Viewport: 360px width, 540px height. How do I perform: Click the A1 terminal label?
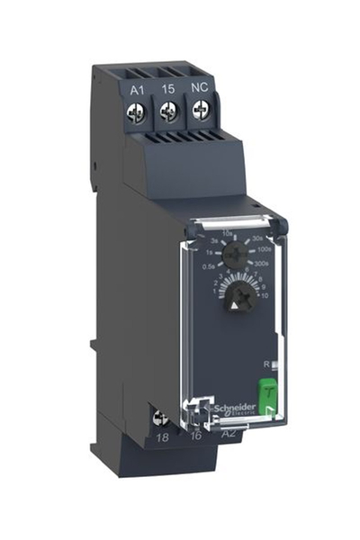[x=138, y=89]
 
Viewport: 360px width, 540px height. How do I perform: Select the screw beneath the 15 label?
[x=166, y=112]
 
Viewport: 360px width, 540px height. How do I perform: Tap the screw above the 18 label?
[x=163, y=417]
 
